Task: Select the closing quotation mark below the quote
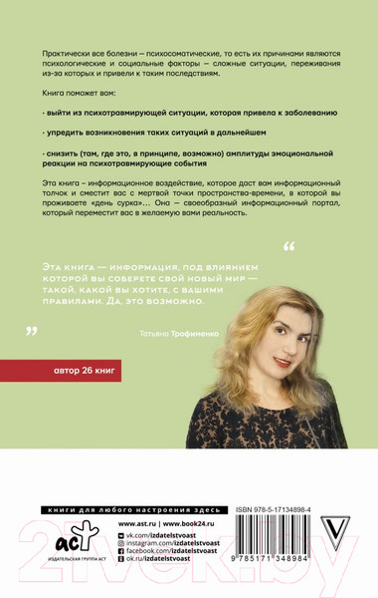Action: pos(31,330)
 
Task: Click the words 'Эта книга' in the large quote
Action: pos(71,260)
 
